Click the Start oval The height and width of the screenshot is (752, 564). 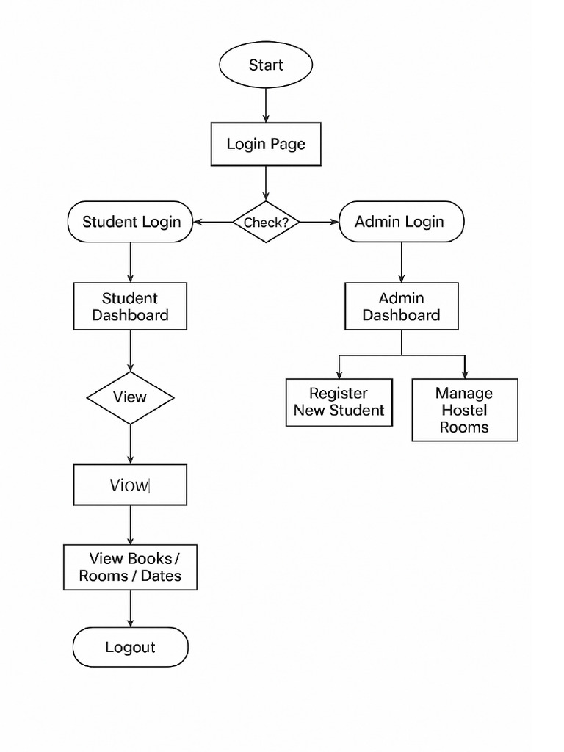[266, 65]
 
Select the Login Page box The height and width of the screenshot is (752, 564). [266, 144]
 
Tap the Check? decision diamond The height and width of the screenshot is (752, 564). [266, 222]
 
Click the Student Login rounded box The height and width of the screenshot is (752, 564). [131, 222]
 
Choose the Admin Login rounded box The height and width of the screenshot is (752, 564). [401, 222]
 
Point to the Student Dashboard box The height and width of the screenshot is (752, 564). [131, 306]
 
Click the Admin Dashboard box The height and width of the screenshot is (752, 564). [401, 306]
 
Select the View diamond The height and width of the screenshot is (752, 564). [131, 397]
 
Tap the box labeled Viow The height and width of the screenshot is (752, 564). [131, 485]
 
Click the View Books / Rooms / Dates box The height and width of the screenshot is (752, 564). [131, 567]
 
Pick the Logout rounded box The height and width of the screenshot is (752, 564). [131, 647]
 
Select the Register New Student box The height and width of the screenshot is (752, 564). [339, 402]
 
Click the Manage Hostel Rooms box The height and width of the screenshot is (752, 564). [464, 410]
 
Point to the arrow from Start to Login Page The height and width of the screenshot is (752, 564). [266, 104]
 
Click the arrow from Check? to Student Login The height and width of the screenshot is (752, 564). [213, 222]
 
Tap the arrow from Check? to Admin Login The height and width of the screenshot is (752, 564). [319, 222]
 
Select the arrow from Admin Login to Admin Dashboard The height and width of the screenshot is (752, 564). [401, 262]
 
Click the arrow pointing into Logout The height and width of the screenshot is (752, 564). [131, 609]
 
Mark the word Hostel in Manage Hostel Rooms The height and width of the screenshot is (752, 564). [464, 410]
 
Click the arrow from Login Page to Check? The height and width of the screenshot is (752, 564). [266, 183]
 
